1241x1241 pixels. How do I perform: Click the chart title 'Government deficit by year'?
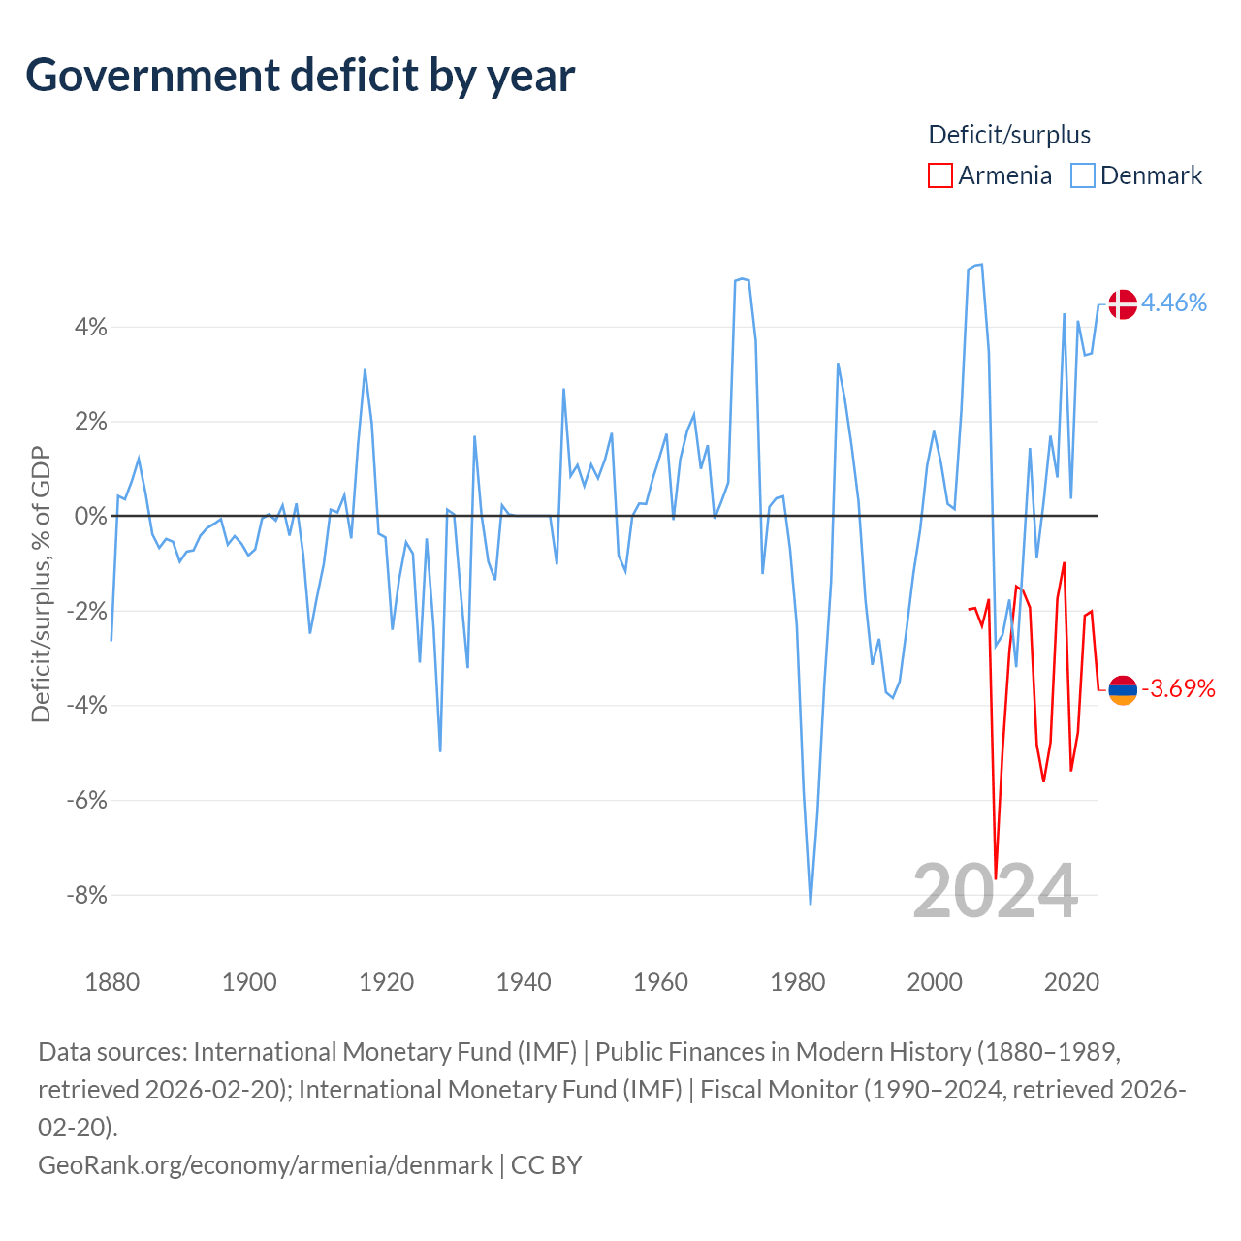click(300, 76)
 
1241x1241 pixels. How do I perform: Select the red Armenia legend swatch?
click(939, 175)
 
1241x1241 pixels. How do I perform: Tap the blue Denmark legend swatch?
click(1082, 175)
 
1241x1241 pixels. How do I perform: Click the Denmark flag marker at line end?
click(1123, 304)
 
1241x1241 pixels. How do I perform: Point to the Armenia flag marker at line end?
click(1123, 689)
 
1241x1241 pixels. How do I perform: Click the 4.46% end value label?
click(1173, 302)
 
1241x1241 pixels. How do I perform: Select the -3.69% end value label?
click(1178, 688)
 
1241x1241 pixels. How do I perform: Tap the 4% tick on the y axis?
click(91, 327)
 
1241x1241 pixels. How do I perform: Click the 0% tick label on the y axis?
click(91, 516)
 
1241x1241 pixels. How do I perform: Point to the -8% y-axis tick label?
click(87, 895)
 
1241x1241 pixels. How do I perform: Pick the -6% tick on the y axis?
click(87, 800)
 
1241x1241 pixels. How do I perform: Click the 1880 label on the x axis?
click(112, 982)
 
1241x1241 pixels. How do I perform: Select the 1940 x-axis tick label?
click(524, 982)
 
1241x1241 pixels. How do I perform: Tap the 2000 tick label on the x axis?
click(935, 982)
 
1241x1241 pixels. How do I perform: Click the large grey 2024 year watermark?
click(995, 892)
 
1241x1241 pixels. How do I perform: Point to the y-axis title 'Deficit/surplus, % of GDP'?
click(41, 584)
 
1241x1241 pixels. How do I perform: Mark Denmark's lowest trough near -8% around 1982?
click(811, 903)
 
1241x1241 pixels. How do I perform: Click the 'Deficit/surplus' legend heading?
click(1009, 135)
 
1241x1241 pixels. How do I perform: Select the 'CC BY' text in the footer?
click(546, 1165)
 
